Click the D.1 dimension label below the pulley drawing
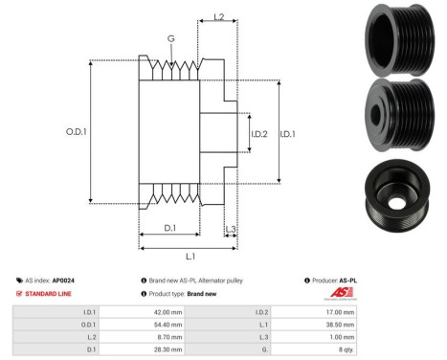click(x=169, y=227)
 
